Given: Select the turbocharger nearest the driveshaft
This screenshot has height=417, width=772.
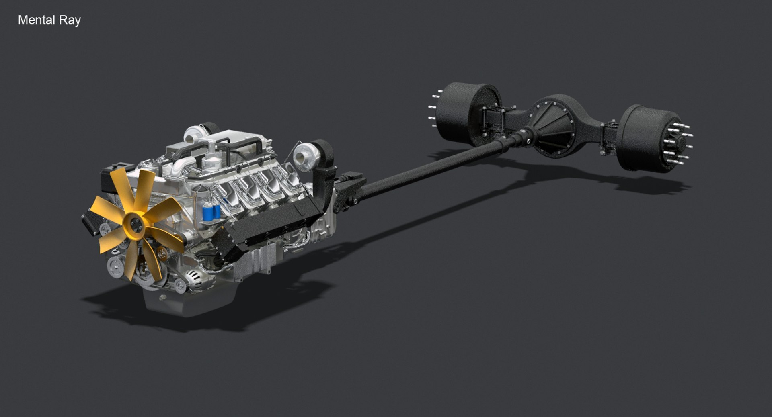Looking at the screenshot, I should coord(302,157).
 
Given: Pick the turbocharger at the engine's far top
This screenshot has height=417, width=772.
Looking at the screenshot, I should coord(195,133).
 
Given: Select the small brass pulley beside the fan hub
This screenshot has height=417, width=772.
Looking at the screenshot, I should coord(162,253).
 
